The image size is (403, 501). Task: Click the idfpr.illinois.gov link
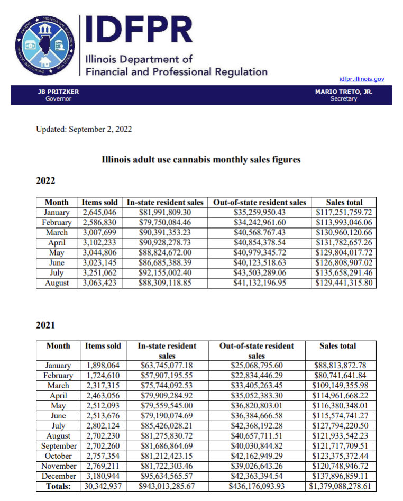362,79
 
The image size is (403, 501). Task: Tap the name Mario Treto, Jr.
344,92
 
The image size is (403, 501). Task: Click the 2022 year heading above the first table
45,180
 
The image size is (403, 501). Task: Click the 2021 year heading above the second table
45,325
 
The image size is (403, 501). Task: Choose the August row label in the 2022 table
57,283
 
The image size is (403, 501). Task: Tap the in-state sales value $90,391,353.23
165,232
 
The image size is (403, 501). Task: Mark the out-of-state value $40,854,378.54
259,243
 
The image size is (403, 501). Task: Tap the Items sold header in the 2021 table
103,346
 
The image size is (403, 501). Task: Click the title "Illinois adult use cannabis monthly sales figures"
201,159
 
